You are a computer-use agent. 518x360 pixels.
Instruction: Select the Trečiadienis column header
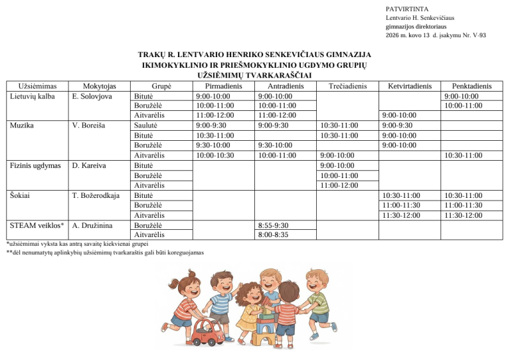tap(349, 86)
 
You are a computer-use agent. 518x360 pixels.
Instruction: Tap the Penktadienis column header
tap(472, 86)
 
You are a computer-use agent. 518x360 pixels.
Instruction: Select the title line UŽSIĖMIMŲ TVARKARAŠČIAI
tap(255, 76)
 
